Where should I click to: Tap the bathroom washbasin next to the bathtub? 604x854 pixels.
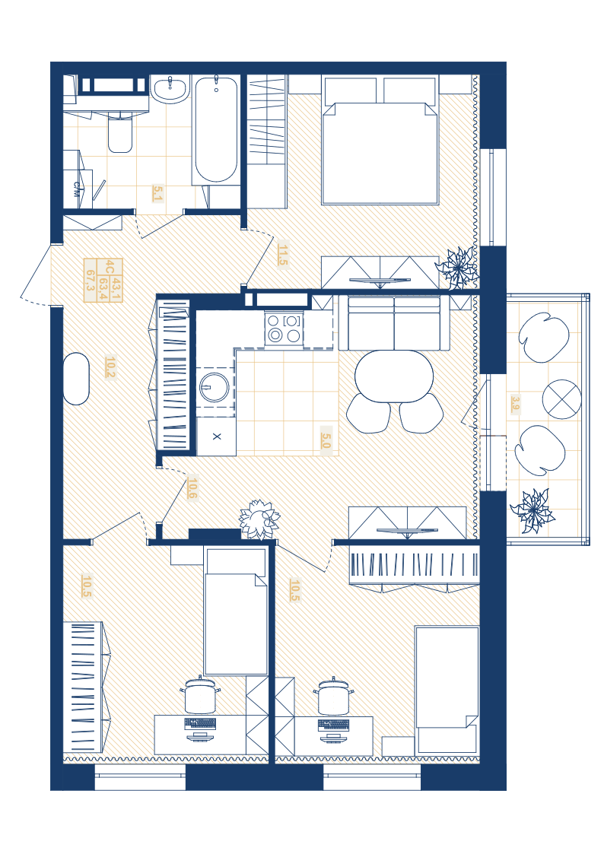[x=170, y=90]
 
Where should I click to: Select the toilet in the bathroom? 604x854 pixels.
[x=120, y=132]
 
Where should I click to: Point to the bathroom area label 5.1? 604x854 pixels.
[x=158, y=193]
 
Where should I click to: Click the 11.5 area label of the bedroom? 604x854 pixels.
[x=282, y=255]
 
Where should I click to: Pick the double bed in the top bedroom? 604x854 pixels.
[x=380, y=141]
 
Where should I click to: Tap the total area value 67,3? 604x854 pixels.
[x=91, y=281]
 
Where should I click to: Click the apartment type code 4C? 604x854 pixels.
[x=110, y=267]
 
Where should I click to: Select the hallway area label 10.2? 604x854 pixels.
[x=110, y=367]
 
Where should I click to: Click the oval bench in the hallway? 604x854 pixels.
[x=76, y=379]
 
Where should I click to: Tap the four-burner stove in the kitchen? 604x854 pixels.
[x=284, y=329]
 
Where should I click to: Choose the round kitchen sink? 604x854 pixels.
[x=215, y=387]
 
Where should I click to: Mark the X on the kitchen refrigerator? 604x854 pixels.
[x=217, y=437]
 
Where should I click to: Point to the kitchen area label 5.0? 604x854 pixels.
[x=326, y=440]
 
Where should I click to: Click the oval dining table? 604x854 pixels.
[x=394, y=376]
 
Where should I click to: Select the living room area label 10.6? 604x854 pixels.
[x=192, y=488]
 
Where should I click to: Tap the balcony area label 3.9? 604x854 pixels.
[x=515, y=404]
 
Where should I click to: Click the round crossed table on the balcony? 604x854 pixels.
[x=561, y=398]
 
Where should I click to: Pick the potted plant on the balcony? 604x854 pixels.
[x=532, y=511]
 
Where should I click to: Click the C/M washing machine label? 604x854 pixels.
[x=77, y=189]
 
